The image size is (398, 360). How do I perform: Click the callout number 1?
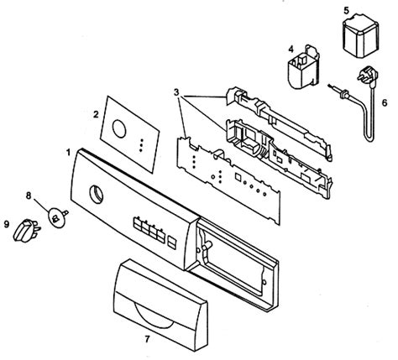68,153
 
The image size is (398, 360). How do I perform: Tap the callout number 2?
96,114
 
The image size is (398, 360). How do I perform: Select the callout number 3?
176,92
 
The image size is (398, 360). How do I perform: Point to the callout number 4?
291,50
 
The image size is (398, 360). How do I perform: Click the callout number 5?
347,11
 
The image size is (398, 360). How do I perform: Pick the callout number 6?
385,103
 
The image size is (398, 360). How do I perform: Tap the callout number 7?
147,339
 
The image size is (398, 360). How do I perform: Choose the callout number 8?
29,196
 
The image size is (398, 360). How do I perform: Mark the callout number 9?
7,224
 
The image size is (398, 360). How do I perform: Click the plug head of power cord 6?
368,76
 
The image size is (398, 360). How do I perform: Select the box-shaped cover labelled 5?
361,36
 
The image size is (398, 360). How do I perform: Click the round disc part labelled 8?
56,217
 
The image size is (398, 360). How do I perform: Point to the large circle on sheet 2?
119,129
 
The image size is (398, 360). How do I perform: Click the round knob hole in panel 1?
96,195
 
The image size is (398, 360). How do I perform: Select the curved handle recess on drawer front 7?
153,316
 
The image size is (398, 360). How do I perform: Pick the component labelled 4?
304,67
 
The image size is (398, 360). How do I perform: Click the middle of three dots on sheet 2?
141,145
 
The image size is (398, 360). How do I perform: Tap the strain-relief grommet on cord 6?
342,93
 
